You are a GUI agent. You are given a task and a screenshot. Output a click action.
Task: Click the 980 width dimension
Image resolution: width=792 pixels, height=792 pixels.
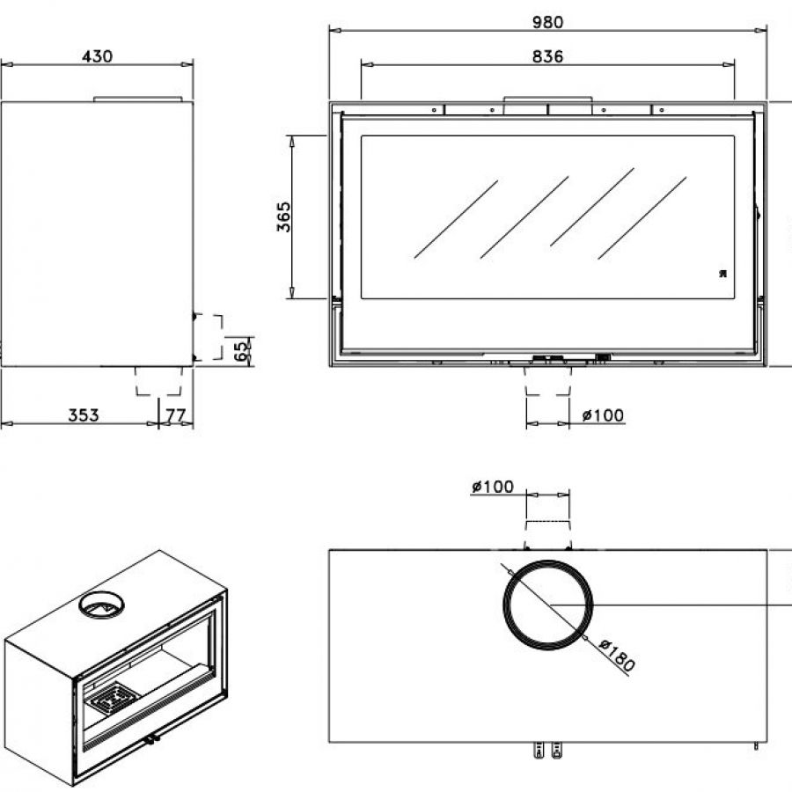tap(547, 22)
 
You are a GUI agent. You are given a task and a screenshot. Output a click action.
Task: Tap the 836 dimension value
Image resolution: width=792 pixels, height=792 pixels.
tap(547, 56)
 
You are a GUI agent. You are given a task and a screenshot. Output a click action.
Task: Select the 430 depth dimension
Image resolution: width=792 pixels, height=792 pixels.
tap(97, 56)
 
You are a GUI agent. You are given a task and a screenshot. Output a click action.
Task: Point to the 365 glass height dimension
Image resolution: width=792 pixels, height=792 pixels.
tap(284, 216)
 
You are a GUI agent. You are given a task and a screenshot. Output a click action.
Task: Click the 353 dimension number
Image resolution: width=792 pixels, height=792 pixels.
tap(84, 414)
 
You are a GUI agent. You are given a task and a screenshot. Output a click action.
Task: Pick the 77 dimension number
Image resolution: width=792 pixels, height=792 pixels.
tap(175, 415)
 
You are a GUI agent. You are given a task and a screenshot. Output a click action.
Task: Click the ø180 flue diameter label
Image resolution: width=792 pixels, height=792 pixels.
tap(617, 655)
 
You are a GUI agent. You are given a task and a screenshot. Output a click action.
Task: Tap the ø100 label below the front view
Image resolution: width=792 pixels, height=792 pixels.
tap(603, 415)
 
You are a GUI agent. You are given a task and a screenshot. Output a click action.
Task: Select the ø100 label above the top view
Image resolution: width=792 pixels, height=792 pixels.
tap(493, 487)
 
